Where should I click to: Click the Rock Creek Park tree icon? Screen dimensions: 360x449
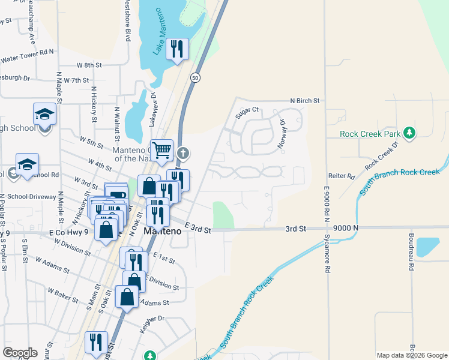(x=410, y=133)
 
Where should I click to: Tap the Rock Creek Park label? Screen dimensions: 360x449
(x=370, y=134)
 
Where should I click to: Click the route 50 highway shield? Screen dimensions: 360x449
(x=195, y=77)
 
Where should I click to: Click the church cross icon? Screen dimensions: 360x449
(x=183, y=154)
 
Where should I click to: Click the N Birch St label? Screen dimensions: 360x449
(x=304, y=101)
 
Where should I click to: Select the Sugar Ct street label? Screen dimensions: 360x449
(x=246, y=110)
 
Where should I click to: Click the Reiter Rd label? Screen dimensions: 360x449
(x=343, y=176)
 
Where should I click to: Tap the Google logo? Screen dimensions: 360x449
(x=20, y=353)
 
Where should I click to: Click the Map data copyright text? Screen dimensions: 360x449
(x=411, y=355)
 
